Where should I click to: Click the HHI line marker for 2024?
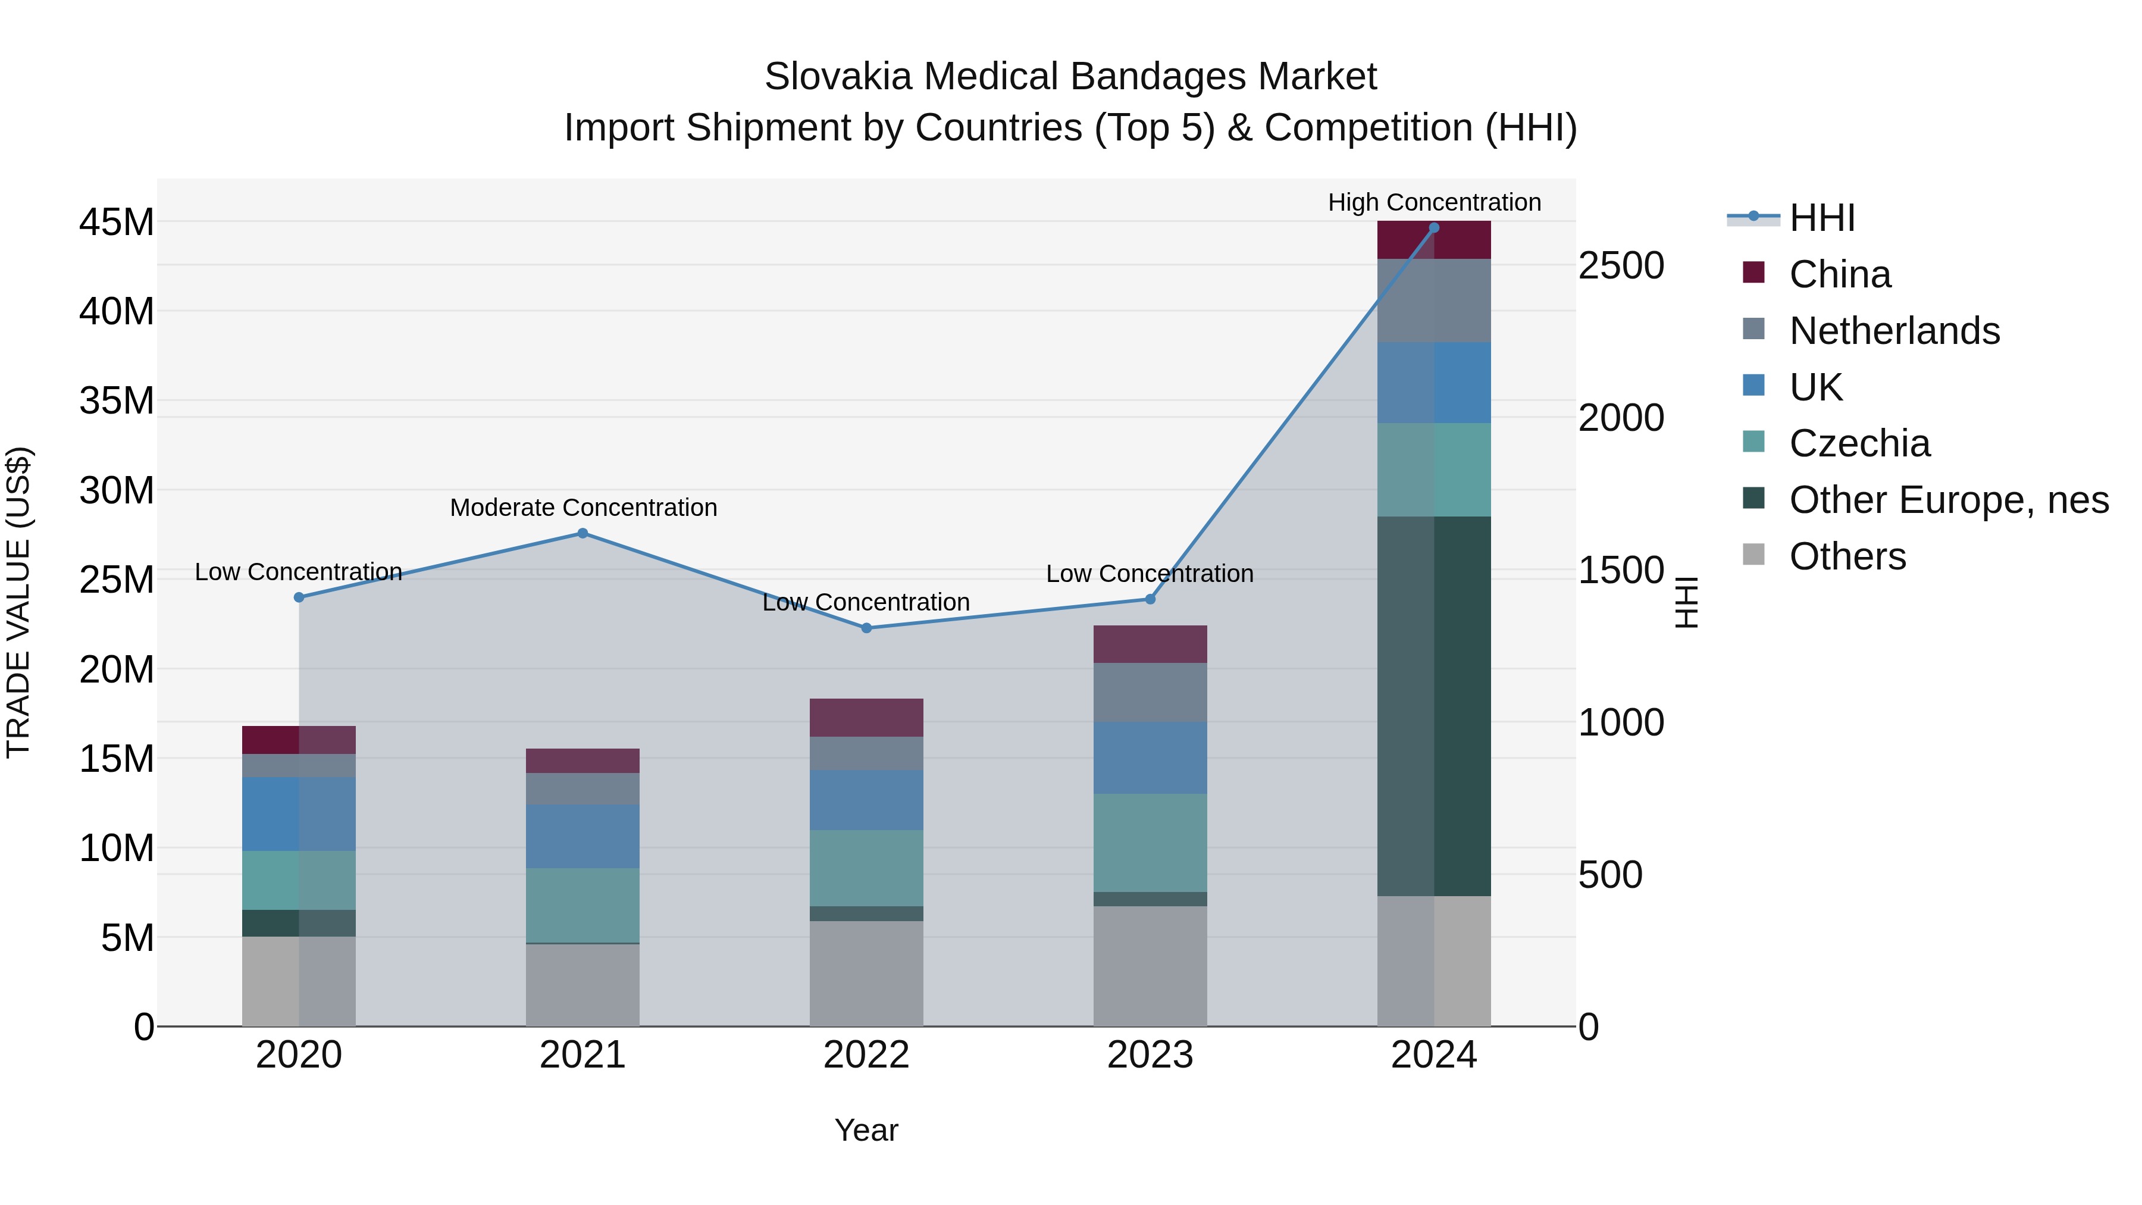1433,228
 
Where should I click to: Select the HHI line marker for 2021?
583,533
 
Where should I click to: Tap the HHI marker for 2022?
866,628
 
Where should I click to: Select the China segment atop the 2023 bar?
1150,644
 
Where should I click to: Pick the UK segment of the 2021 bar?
583,836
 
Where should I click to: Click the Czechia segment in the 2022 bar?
866,868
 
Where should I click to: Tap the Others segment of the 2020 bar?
299,981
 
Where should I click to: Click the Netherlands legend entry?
1894,330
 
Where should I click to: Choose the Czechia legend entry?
1859,443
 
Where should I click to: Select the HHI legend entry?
1821,218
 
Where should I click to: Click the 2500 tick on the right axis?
1621,266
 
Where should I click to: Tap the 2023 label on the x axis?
1150,1055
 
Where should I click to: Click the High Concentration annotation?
1433,202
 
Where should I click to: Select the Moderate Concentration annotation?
583,507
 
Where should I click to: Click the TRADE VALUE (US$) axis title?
18,602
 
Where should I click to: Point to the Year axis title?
866,1130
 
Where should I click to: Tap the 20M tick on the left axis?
117,669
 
